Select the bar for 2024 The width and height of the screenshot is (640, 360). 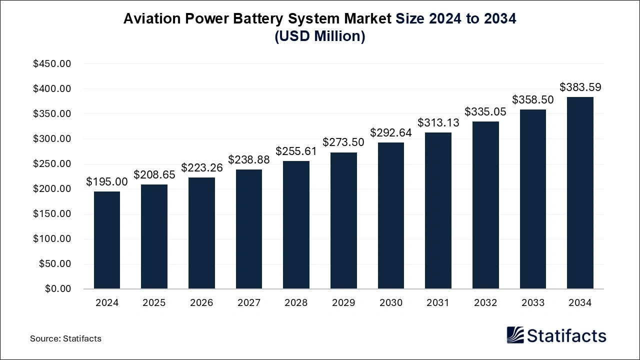click(107, 240)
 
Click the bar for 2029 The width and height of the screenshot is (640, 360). click(343, 220)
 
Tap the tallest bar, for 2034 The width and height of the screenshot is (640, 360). click(580, 193)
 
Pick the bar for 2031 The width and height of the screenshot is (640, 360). click(438, 210)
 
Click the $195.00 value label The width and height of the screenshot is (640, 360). click(107, 182)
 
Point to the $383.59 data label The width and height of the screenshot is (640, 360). click(580, 87)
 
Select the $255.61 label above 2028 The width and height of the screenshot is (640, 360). click(296, 151)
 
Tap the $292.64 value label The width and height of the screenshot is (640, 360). click(390, 133)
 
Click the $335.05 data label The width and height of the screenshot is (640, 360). click(485, 112)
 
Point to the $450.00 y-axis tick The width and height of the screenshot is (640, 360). click(52, 64)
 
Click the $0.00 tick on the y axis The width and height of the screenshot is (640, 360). click(58, 289)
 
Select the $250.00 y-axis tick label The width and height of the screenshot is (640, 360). click(52, 164)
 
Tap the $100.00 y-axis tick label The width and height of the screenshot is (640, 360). click(52, 239)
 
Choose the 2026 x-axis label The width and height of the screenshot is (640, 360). click(201, 303)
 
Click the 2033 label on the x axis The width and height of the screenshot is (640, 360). click(532, 303)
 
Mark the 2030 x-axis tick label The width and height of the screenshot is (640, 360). click(390, 303)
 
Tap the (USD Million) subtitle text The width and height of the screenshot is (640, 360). click(320, 36)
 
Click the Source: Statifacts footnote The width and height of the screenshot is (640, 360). click(65, 338)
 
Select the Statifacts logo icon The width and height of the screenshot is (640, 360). click(515, 335)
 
